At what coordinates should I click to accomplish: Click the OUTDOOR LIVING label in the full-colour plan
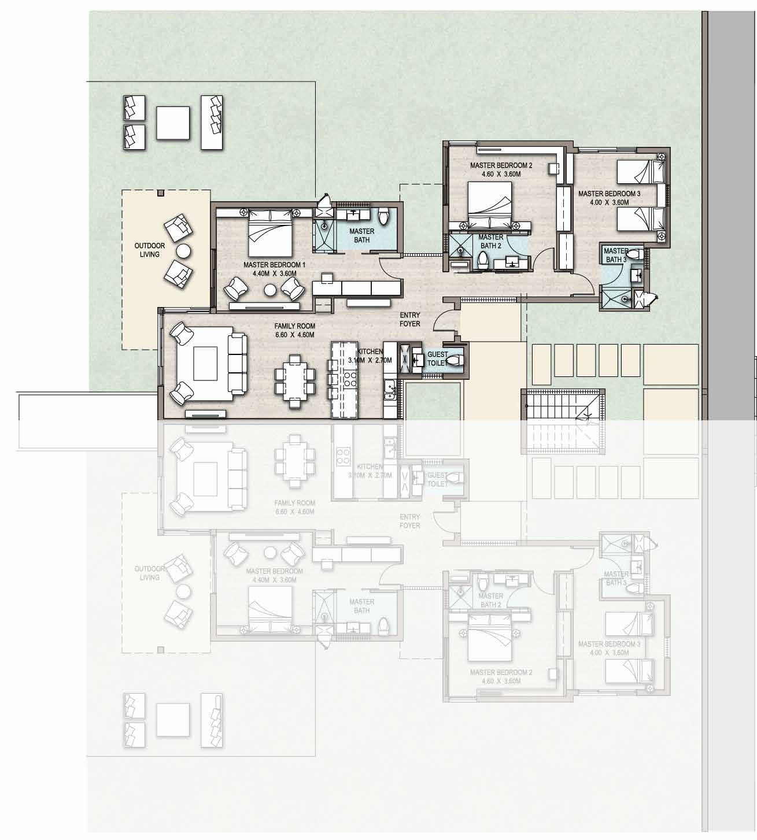[150, 250]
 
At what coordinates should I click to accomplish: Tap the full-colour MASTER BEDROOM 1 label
[274, 265]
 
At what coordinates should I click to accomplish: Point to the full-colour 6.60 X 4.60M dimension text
[294, 334]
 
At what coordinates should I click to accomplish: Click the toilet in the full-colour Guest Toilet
[455, 360]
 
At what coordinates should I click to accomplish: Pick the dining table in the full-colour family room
[295, 379]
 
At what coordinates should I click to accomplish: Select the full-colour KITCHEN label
[370, 351]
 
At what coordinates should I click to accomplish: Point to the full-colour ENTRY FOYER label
[410, 319]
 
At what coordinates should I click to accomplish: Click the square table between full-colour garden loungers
[173, 123]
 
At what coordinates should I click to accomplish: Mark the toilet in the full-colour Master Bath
[383, 217]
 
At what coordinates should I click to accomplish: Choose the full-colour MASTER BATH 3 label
[616, 255]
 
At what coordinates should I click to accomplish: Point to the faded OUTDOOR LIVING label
[150, 573]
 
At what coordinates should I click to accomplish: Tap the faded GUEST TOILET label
[437, 479]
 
